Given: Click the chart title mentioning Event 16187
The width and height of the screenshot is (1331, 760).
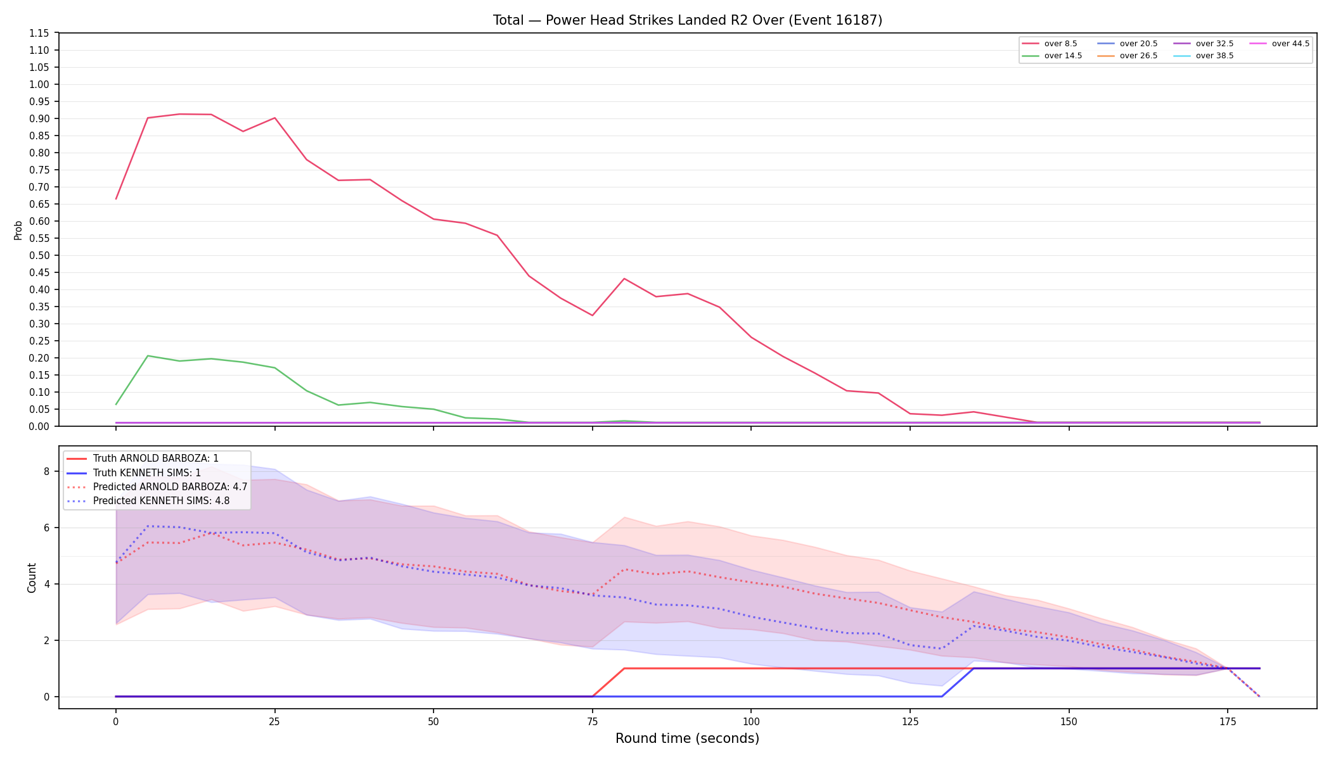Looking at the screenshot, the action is click(x=688, y=20).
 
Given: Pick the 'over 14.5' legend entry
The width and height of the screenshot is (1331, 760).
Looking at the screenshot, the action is click(x=1052, y=56).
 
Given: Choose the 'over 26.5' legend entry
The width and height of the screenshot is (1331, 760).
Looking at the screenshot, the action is click(x=1128, y=56).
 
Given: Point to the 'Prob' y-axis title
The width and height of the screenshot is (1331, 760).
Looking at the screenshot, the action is click(x=18, y=230).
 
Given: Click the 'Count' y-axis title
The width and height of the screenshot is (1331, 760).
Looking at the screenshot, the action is click(x=32, y=578).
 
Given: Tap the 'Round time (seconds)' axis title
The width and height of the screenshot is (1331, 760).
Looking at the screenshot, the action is click(x=687, y=738).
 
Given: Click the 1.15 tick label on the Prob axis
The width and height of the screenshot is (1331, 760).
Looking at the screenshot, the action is click(x=41, y=33).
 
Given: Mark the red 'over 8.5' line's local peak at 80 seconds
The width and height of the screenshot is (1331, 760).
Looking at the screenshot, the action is click(x=624, y=279).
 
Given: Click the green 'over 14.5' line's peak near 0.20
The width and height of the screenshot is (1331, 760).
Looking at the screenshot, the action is click(x=148, y=356).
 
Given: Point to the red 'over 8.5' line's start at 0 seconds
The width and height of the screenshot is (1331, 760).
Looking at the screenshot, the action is click(x=116, y=199).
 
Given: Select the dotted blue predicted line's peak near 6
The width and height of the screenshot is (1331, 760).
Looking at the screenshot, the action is click(x=148, y=526).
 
